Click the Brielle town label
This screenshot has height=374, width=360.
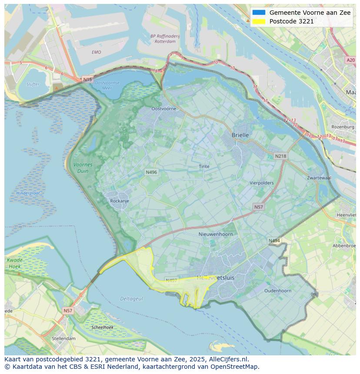(240, 135)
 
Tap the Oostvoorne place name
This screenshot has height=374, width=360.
(163, 109)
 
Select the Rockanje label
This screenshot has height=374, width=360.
(120, 201)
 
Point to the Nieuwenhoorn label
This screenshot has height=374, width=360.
(216, 234)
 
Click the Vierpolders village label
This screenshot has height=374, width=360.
(261, 183)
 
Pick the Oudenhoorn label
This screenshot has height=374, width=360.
(278, 291)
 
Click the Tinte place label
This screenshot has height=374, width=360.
(204, 166)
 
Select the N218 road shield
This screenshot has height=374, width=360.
(280, 156)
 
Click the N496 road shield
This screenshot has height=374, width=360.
(151, 172)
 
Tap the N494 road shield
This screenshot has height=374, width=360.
(274, 241)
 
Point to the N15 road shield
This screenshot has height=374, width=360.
(87, 79)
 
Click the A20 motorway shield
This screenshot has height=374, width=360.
(350, 60)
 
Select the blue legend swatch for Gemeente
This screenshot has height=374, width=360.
(258, 13)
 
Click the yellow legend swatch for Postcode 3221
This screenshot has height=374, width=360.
(258, 21)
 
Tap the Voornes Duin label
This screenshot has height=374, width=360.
(83, 168)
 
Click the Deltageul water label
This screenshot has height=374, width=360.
(131, 299)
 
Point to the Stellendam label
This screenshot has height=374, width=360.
(63, 338)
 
